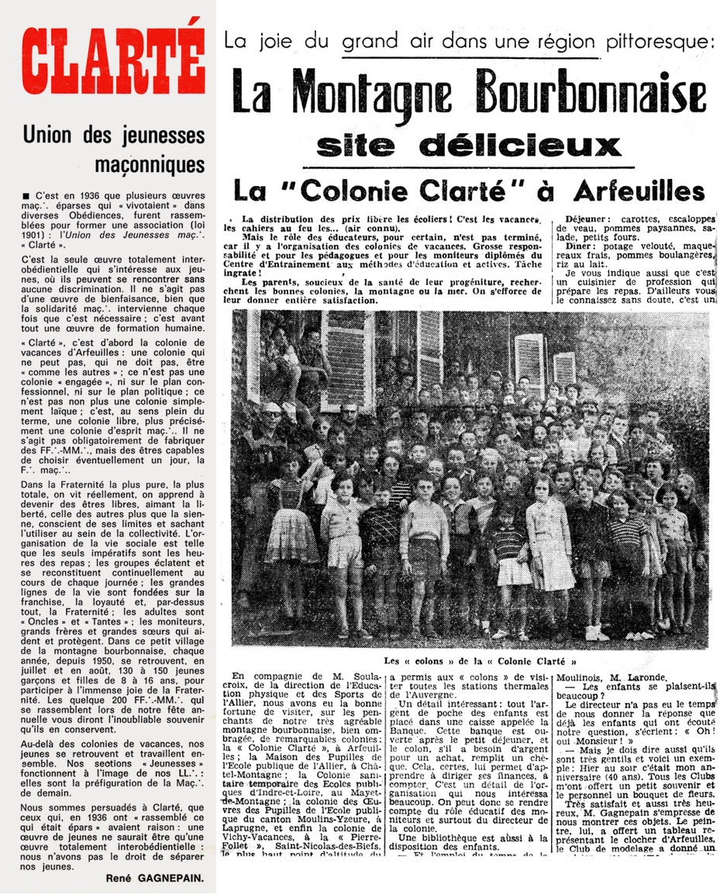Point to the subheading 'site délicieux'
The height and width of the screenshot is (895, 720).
(x=469, y=145)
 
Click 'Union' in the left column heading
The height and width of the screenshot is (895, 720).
(x=48, y=136)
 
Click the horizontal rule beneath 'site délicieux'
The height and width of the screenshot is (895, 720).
(x=467, y=167)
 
